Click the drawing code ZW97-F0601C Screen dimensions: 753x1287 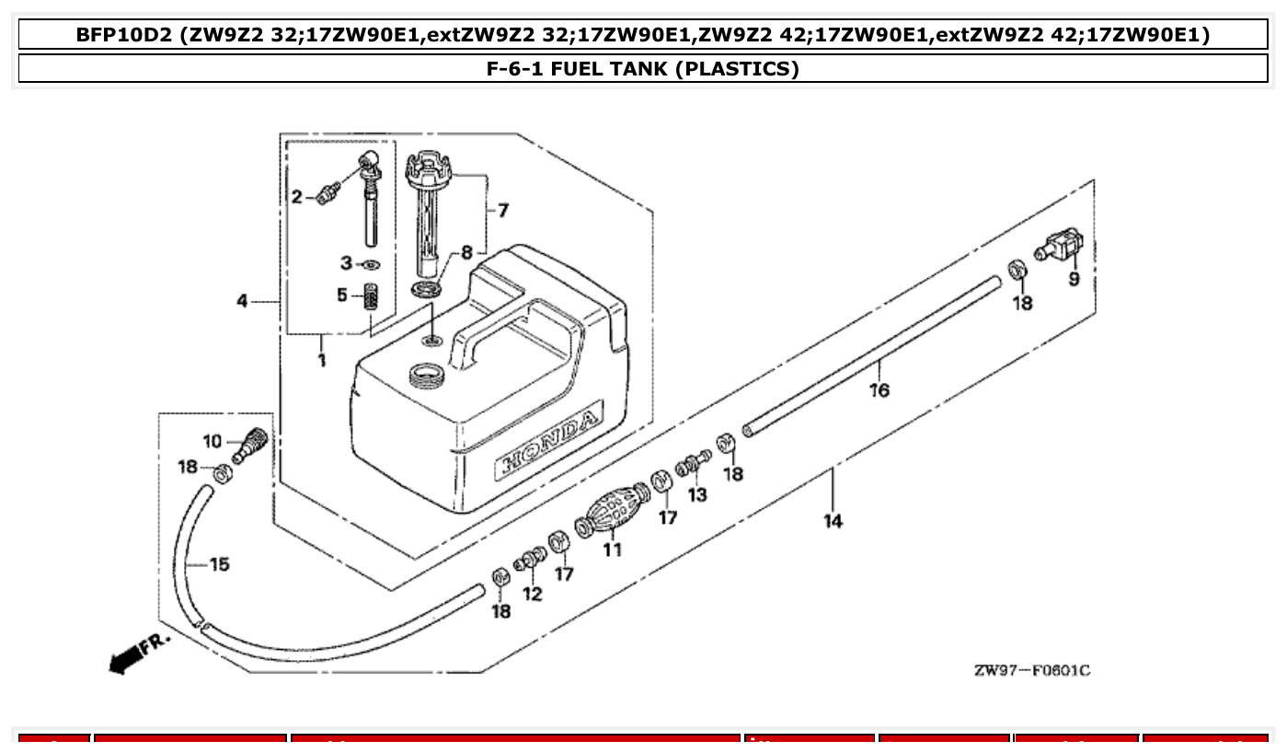pyautogui.click(x=1031, y=670)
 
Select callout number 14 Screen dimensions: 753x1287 pyautogui.click(x=833, y=521)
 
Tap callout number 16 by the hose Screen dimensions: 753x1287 pyautogui.click(x=879, y=390)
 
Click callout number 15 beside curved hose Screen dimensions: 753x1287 pyautogui.click(x=219, y=564)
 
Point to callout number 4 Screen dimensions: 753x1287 pyautogui.click(x=242, y=301)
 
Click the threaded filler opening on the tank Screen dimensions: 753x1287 pyautogui.click(x=425, y=375)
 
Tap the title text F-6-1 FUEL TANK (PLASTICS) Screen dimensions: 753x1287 pyautogui.click(x=642, y=69)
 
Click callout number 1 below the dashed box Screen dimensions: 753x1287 pyautogui.click(x=322, y=360)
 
